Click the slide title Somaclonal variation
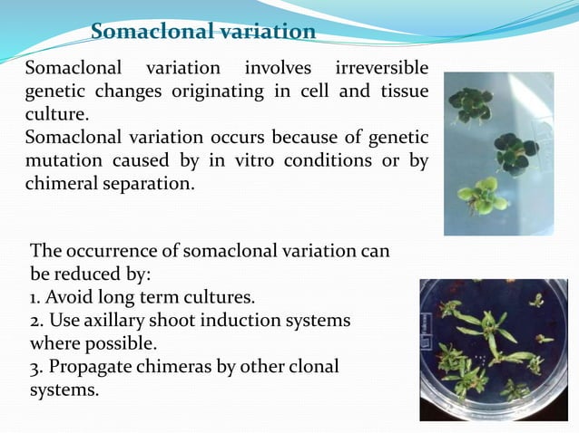coord(203,33)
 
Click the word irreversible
coord(382,69)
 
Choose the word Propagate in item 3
coord(94,367)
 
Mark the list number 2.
coord(35,321)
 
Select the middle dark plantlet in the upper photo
coord(515,149)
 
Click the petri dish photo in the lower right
coord(493,350)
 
